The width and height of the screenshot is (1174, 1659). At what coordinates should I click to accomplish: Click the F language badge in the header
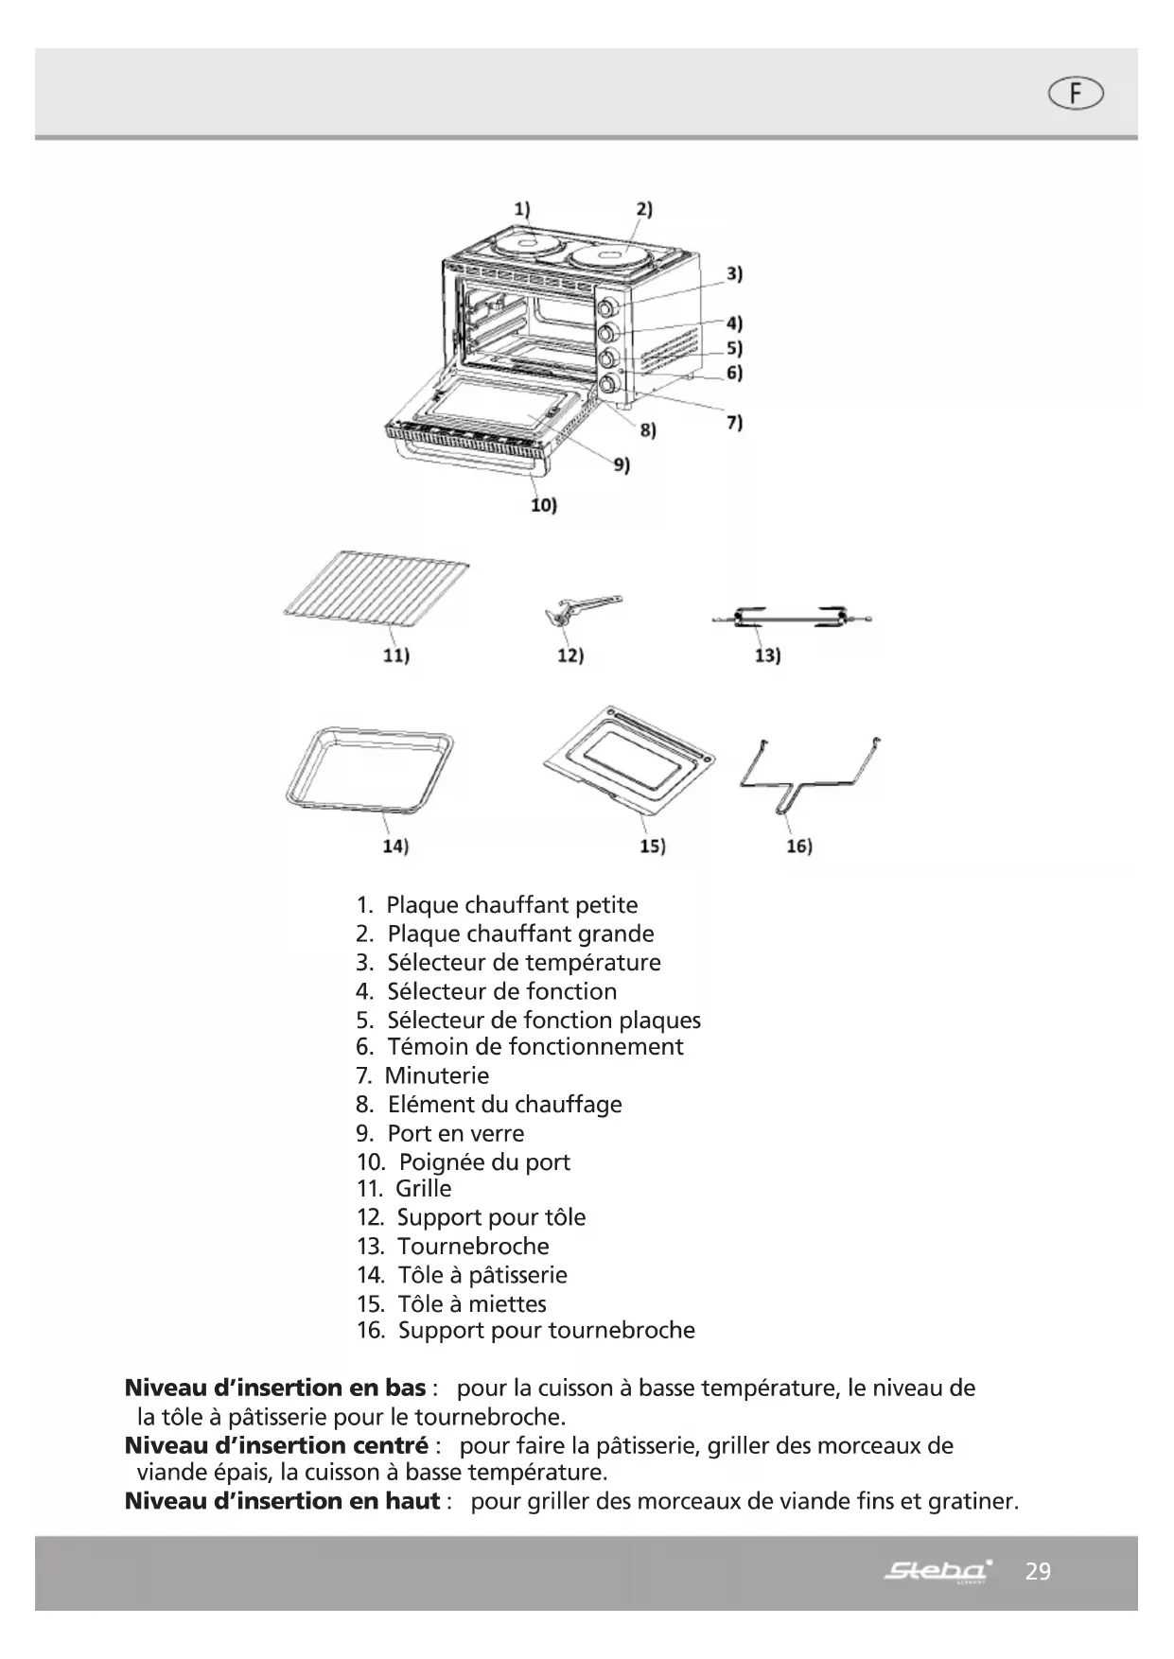coord(1076,94)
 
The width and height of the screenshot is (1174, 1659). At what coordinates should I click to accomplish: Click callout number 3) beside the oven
coord(734,274)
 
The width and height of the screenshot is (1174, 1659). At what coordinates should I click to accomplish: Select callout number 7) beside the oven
coord(734,422)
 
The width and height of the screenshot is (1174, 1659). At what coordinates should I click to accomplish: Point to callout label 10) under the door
coord(543,505)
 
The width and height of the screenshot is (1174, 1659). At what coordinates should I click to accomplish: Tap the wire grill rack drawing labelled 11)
coord(378,592)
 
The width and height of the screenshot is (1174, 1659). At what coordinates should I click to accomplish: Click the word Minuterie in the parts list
coord(437,1075)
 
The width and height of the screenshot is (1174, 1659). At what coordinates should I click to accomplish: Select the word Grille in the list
coord(424,1188)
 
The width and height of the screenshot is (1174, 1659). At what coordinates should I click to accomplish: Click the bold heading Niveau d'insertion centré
coord(276,1445)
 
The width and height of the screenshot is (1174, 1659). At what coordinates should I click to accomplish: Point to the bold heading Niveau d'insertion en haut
coord(282,1501)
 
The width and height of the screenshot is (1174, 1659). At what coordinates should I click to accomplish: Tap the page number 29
coord(1038,1572)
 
